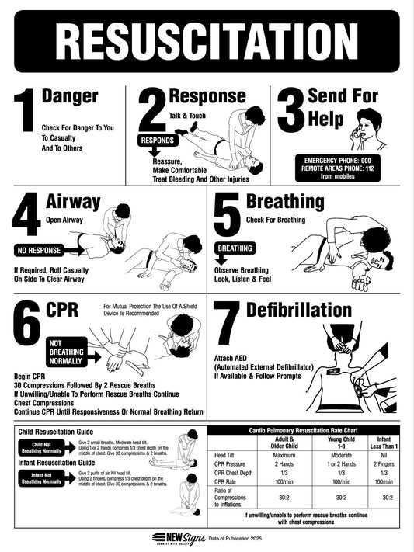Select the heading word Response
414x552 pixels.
coord(207,96)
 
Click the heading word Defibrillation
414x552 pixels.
coord(299,310)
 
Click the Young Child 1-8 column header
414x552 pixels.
coord(340,443)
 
